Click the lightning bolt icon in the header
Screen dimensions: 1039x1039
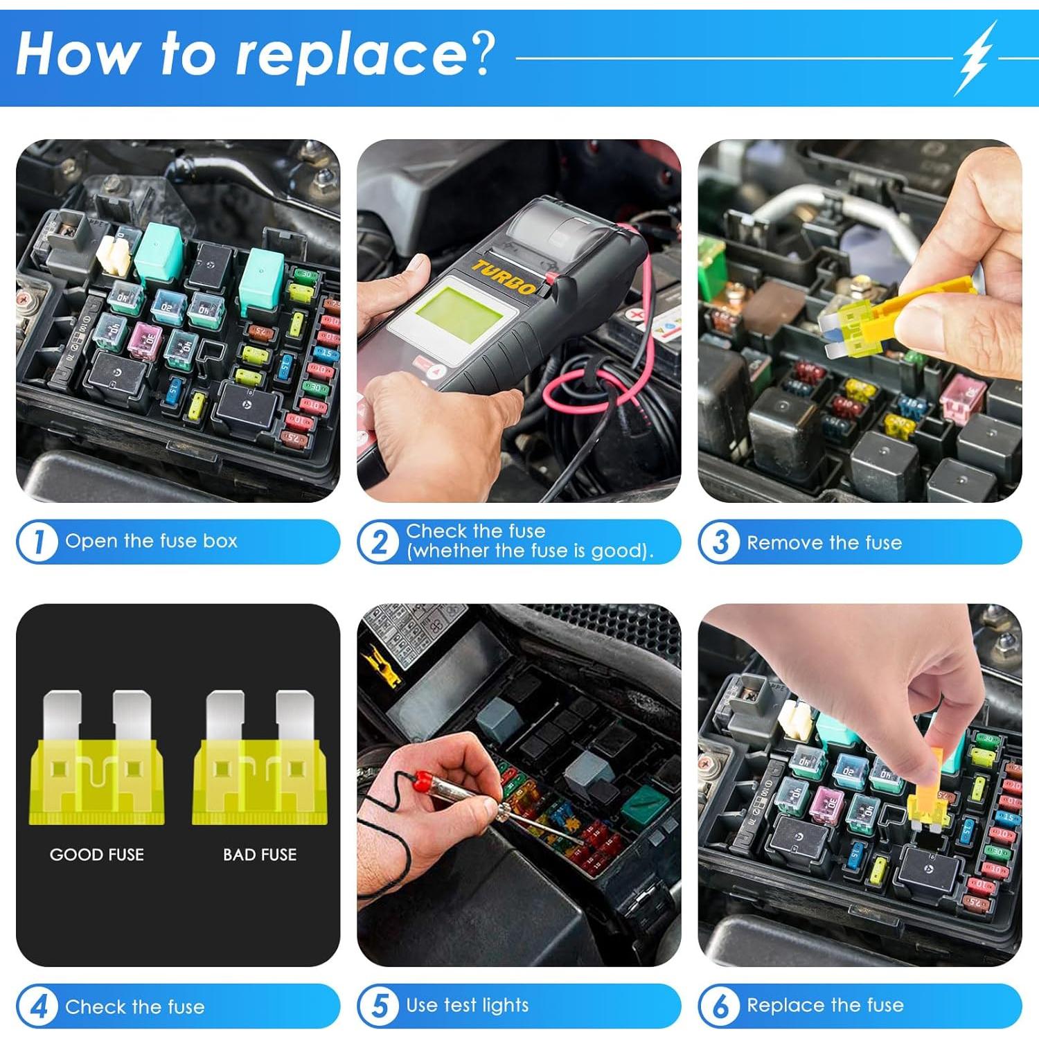pyautogui.click(x=976, y=58)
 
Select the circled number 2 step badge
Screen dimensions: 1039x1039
pyautogui.click(x=380, y=542)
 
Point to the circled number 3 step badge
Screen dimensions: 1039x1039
pyautogui.click(x=720, y=542)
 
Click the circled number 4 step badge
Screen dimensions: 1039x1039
pyautogui.click(x=39, y=1006)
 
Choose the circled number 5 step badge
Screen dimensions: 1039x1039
pyautogui.click(x=380, y=1006)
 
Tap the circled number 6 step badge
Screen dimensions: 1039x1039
pyautogui.click(x=720, y=1006)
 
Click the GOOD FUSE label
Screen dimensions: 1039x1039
pyautogui.click(x=97, y=855)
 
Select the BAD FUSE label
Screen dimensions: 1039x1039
pyautogui.click(x=260, y=855)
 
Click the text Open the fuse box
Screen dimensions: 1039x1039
pyautogui.click(x=151, y=541)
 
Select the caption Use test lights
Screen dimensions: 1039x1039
pyautogui.click(x=468, y=1005)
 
